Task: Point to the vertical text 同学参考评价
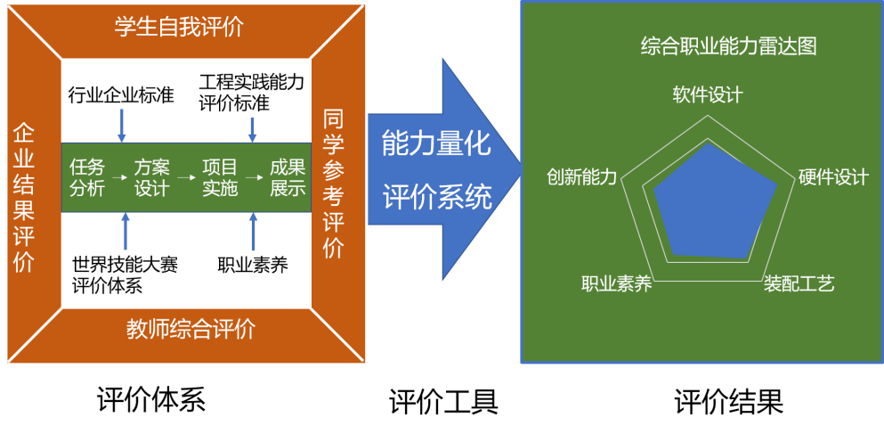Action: pos(334,184)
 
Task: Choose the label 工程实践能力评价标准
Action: pos(252,93)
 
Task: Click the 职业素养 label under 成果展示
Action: pos(253,265)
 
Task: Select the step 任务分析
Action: pos(87,177)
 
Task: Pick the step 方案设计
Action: pos(151,177)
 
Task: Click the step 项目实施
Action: pos(220,177)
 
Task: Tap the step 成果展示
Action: pos(288,177)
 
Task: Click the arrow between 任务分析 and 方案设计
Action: pos(119,177)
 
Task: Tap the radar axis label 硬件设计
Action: pos(833,177)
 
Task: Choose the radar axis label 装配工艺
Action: pos(799,284)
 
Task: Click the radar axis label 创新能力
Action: pos(582,177)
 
